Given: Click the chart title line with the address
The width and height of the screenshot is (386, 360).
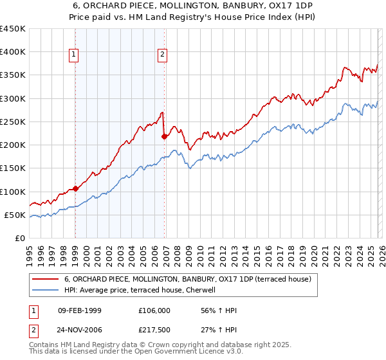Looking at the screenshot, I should coord(193,6).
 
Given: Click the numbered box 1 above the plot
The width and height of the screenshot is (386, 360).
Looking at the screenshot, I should coord(75,55).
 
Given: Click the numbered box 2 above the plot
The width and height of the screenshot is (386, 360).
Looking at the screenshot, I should coord(163,55).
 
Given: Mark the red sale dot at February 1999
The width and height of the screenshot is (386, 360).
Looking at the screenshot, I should coord(75,188).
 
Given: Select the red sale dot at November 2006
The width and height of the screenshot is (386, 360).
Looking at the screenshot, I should coord(164,136).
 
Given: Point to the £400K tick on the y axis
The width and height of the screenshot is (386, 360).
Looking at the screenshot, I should coord(13,52).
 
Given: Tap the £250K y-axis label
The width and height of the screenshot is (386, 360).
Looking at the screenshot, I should coord(13,122).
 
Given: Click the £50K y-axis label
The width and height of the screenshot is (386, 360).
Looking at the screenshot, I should coord(15,215).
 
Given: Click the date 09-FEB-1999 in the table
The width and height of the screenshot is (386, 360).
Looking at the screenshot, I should coord(80,310).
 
